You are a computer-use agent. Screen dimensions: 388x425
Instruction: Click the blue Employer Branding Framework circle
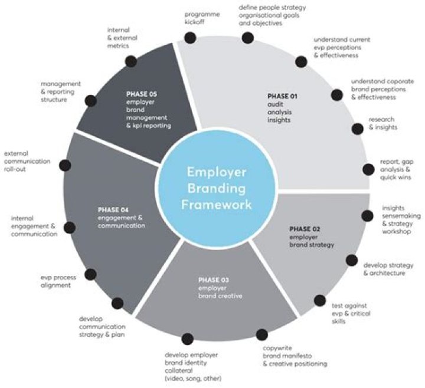point(219,188)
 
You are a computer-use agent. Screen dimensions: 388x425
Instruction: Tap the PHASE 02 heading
point(303,228)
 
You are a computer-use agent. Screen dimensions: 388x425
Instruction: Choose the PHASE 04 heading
point(113,209)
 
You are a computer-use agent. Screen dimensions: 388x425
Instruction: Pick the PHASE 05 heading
point(141,93)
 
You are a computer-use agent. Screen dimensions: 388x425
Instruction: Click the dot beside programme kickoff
point(189,38)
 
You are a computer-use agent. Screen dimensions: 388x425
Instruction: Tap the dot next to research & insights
point(357,129)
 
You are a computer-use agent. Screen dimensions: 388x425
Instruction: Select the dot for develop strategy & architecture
point(352,260)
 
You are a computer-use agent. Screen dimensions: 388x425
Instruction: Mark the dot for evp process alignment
point(90,274)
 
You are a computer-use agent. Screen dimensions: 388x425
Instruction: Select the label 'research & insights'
point(382,123)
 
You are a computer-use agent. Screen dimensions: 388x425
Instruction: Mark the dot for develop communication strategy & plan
point(118,303)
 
